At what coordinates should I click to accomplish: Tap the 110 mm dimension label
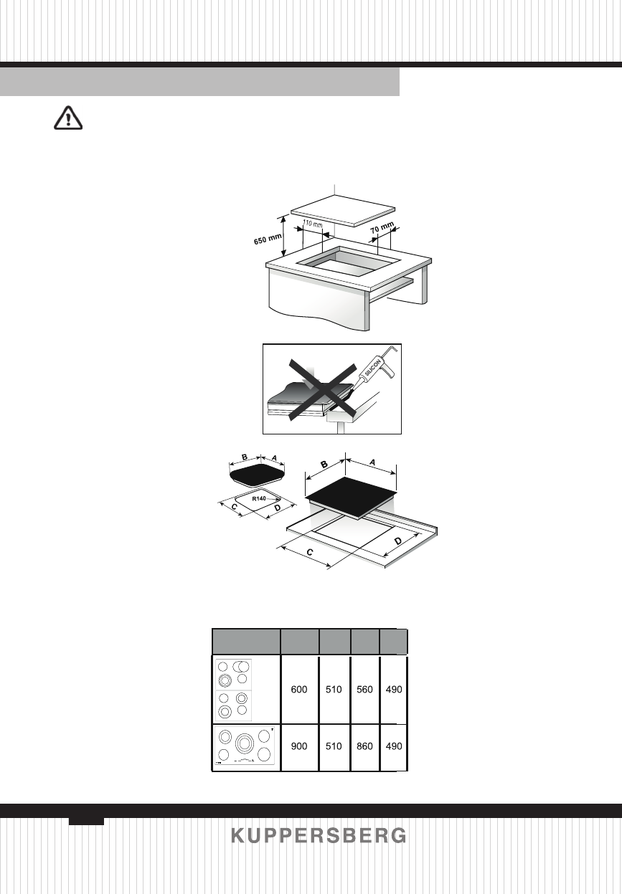311,224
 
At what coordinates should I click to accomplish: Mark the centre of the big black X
322,391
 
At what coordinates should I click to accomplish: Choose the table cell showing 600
299,690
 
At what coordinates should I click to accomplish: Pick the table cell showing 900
299,746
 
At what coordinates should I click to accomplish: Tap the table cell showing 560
365,690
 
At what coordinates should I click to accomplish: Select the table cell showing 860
365,746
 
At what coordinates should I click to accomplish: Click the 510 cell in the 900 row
334,746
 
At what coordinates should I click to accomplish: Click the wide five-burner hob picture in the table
246,746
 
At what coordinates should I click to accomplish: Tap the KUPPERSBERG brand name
319,836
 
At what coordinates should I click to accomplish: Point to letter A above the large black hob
372,464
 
